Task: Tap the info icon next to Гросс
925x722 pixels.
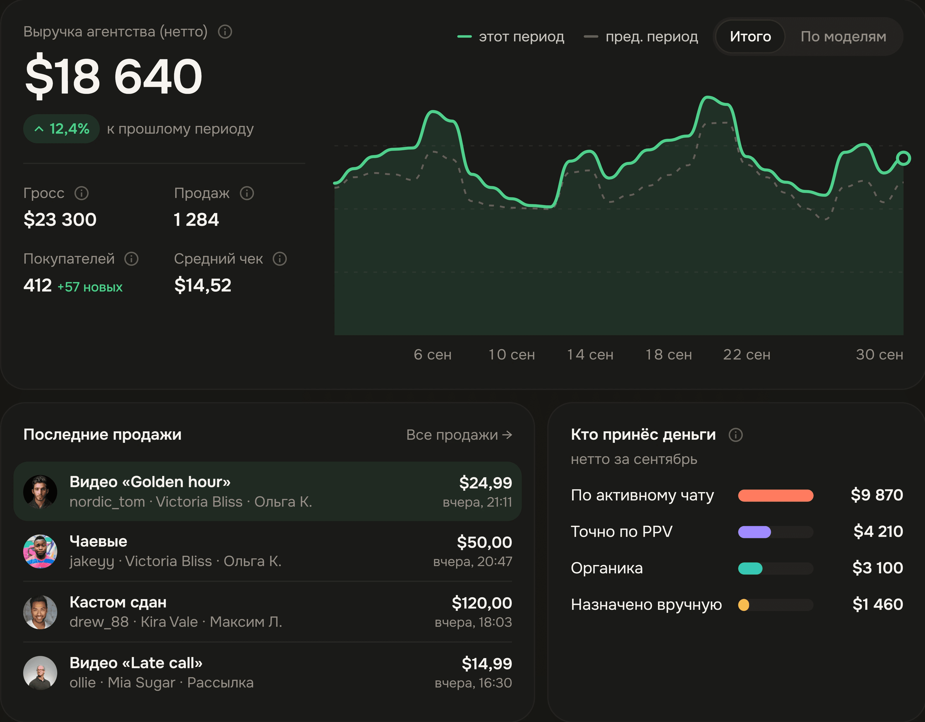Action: click(x=81, y=193)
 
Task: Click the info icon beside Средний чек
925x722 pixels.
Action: click(x=280, y=259)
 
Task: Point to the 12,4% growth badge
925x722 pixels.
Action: click(x=61, y=129)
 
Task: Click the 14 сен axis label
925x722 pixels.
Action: click(x=590, y=355)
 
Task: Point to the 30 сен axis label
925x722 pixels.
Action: click(x=879, y=355)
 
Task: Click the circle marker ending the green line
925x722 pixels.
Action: click(x=903, y=158)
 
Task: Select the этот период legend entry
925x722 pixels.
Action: click(x=511, y=37)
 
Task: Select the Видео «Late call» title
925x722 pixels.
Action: click(x=136, y=663)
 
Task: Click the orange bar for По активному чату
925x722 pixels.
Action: click(x=776, y=495)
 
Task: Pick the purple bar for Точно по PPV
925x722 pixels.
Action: click(x=754, y=532)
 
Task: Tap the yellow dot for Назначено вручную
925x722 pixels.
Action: click(x=744, y=605)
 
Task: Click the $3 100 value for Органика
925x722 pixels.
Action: click(x=878, y=568)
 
